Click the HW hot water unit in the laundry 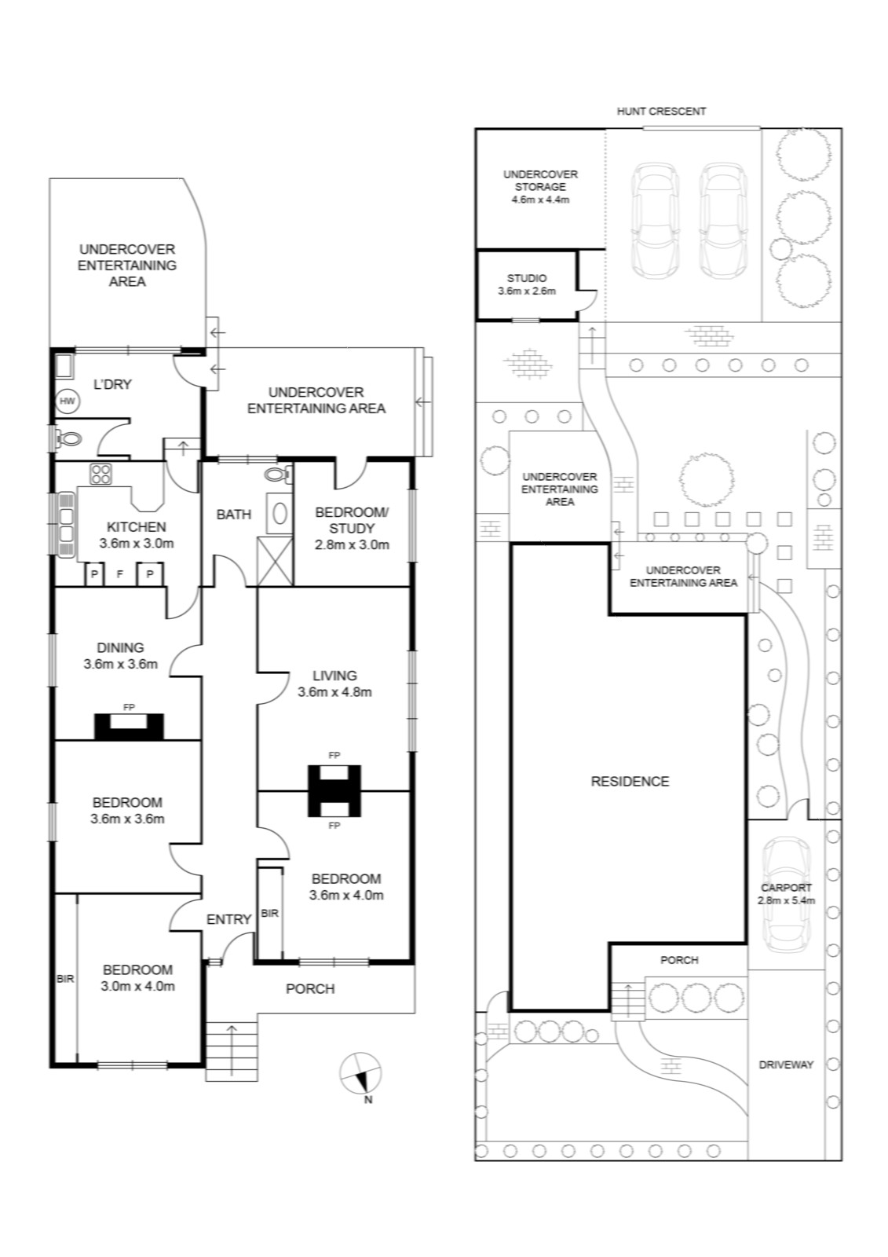[x=68, y=401]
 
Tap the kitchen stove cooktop [x=101, y=475]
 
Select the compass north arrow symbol [x=360, y=1073]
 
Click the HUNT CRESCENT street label [x=661, y=111]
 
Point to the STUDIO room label [x=527, y=278]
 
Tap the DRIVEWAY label [x=785, y=1065]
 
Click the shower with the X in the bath [x=275, y=561]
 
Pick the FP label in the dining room [x=129, y=708]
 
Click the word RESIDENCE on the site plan [x=630, y=781]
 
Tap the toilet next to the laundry [x=68, y=439]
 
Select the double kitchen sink [x=66, y=524]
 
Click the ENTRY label [x=228, y=919]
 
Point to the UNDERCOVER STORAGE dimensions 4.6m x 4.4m [x=541, y=200]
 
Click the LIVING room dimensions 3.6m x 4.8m [x=334, y=692]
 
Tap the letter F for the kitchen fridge [x=119, y=574]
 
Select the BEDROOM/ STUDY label [x=352, y=520]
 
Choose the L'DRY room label [x=112, y=384]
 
